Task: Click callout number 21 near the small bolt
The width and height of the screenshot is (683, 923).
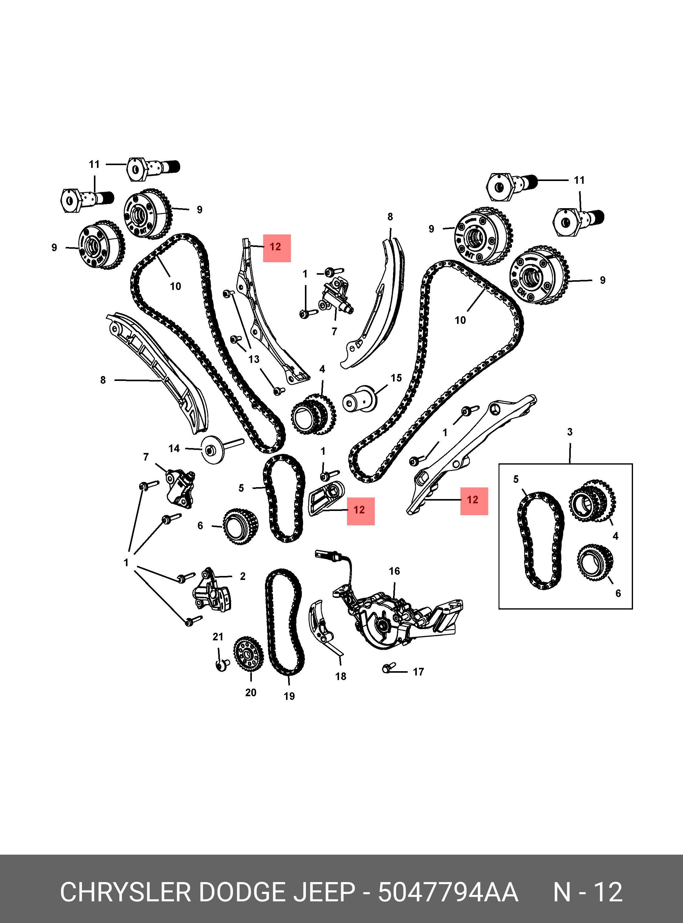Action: coord(218,637)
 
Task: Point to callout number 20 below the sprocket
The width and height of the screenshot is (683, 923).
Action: coord(251,693)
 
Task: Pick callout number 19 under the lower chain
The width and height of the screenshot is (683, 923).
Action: coord(289,696)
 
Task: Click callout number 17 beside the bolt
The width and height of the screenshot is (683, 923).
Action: coord(418,672)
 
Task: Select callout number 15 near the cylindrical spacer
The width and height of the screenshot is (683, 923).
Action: coord(396,378)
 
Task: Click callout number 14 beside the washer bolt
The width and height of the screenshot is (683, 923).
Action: coord(174,448)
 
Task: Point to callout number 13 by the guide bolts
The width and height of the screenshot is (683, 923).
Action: coord(254,359)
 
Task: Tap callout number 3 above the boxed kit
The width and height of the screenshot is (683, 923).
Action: coord(569,432)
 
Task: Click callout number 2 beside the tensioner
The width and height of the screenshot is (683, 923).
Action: coord(242,576)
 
